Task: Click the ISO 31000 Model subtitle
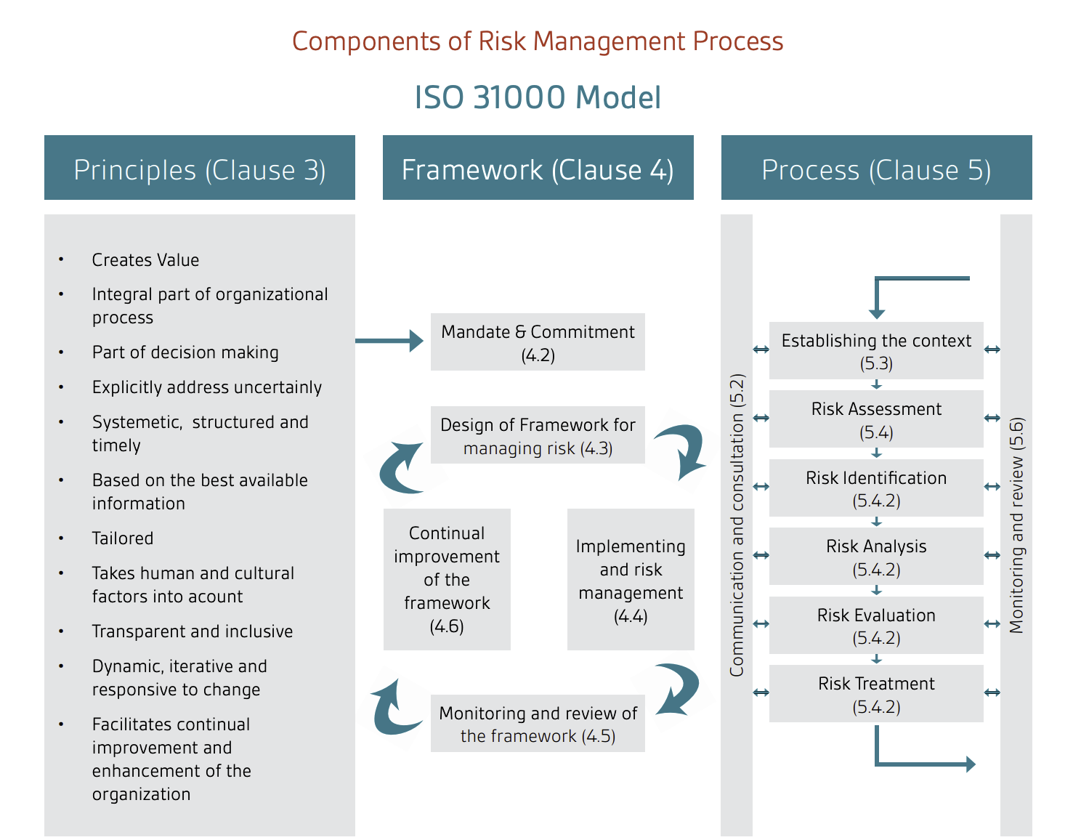coord(538,97)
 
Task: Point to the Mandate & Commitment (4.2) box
coord(538,342)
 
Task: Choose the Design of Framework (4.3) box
coord(538,435)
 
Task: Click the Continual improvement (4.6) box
coord(447,579)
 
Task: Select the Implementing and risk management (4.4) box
coord(631,580)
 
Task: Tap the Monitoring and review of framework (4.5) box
coord(538,724)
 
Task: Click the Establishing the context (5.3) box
coord(876,351)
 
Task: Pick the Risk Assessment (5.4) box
coord(876,419)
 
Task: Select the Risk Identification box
coord(876,488)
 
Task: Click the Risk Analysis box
coord(876,557)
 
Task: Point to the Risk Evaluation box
coord(876,626)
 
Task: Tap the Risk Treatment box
coord(876,694)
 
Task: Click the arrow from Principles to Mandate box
coord(389,340)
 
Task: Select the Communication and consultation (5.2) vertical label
coord(737,525)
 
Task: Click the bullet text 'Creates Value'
coord(145,260)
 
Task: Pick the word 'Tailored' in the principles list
coord(123,538)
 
